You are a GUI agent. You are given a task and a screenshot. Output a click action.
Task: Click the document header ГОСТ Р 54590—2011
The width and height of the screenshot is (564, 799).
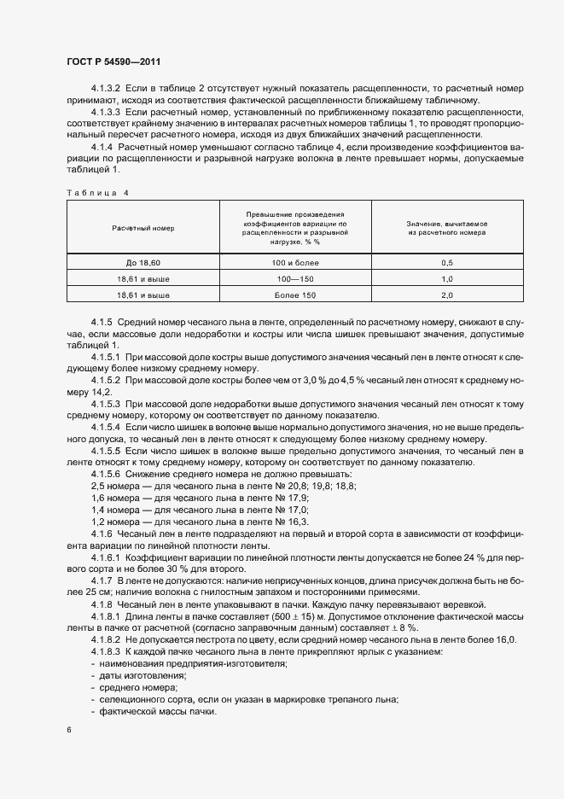[x=113, y=62]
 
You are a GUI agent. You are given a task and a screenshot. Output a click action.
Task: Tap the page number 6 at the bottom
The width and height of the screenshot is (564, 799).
[x=68, y=731]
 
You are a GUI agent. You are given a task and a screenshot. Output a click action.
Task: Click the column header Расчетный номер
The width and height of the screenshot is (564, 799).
[x=142, y=230]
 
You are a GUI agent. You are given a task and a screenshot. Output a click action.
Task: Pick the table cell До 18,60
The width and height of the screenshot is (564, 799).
[x=142, y=263]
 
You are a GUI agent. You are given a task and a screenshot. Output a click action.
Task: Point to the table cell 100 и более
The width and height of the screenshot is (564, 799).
[x=295, y=263]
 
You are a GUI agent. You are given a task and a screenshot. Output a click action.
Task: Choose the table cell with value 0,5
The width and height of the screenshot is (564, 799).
[x=446, y=263]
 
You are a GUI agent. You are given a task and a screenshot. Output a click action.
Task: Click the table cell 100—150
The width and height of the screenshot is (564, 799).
[x=295, y=279]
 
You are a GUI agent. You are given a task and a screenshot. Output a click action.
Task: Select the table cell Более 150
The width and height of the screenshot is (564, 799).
[x=295, y=295]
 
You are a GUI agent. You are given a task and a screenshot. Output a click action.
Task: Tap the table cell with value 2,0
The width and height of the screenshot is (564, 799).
[x=446, y=295]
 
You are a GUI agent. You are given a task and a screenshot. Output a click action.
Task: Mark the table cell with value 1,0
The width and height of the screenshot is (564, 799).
[x=446, y=279]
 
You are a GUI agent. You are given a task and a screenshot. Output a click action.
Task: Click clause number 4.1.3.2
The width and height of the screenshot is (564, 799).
[x=107, y=89]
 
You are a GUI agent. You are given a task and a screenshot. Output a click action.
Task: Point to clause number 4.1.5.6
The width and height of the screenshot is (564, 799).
[x=107, y=474]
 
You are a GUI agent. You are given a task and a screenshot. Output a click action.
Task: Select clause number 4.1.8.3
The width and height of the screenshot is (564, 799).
[x=107, y=652]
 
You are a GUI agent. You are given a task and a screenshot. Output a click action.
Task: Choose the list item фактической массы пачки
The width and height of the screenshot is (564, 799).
[x=157, y=712]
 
